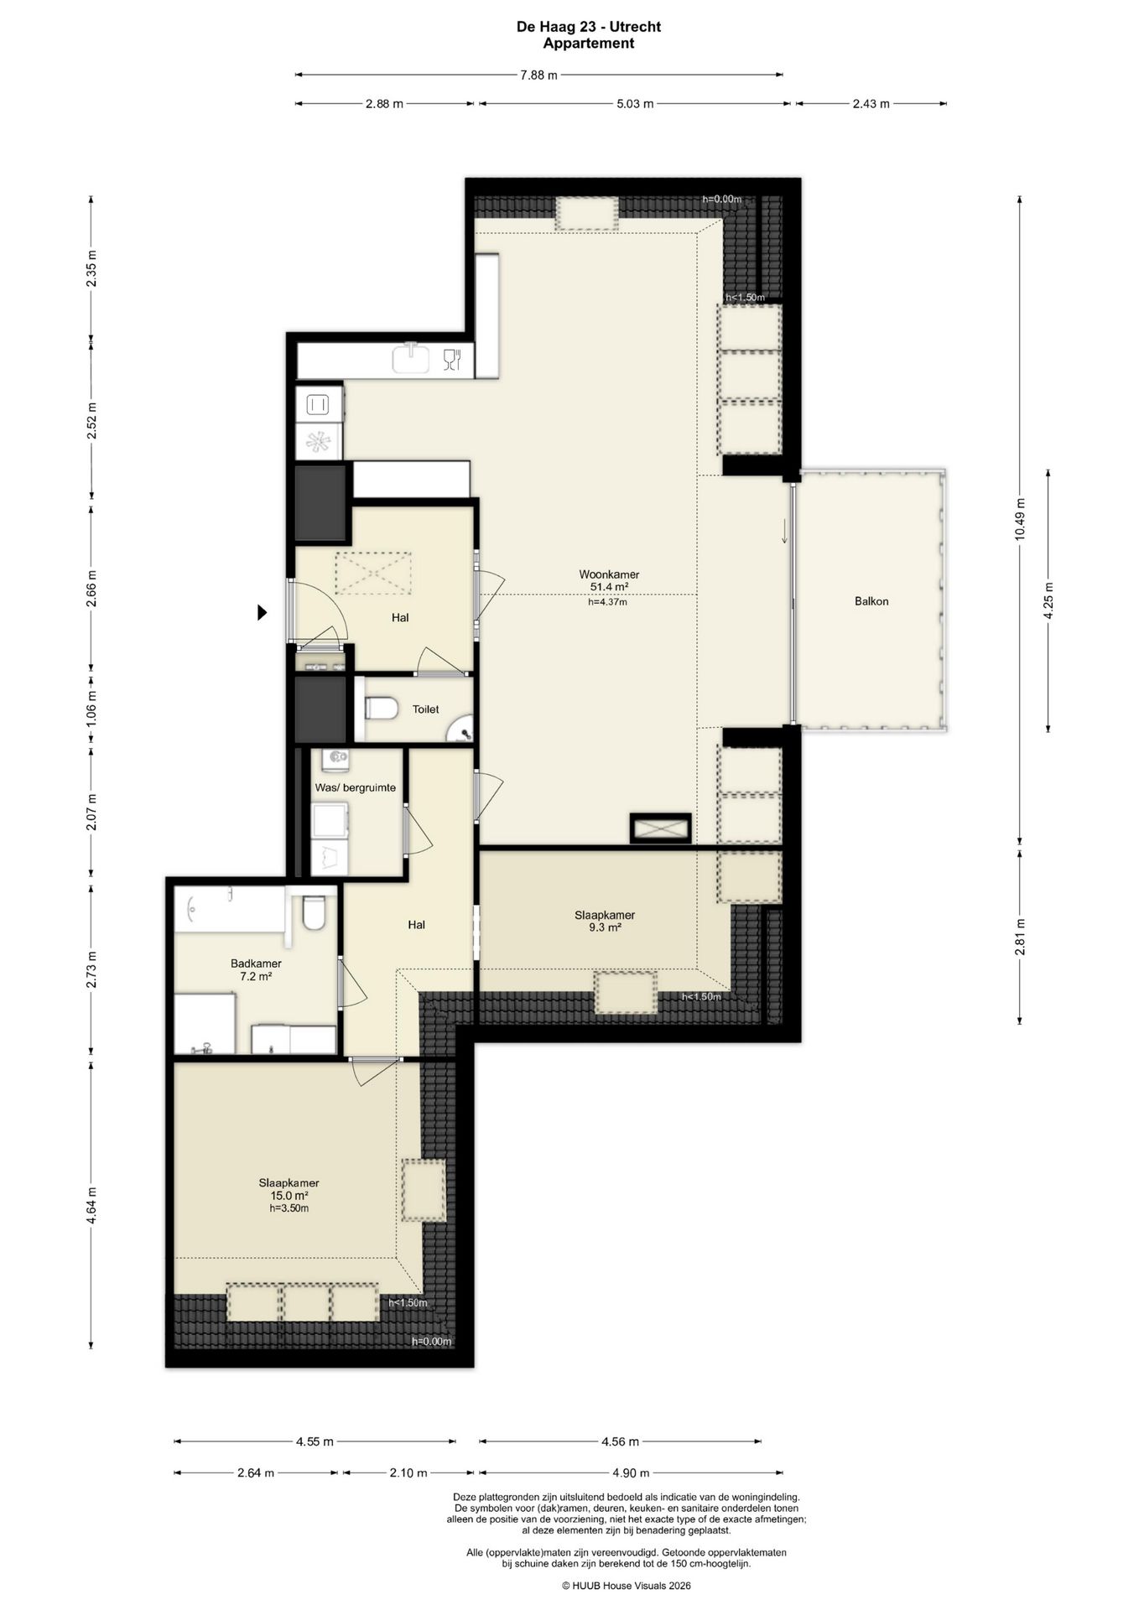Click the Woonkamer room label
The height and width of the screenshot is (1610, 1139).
[x=609, y=574]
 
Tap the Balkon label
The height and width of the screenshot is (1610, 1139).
[x=871, y=601]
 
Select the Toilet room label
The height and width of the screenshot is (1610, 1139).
[x=425, y=709]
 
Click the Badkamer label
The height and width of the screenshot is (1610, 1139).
[x=256, y=963]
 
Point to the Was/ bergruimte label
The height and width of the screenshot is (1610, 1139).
[x=355, y=788]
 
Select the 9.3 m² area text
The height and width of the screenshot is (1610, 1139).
[x=605, y=927]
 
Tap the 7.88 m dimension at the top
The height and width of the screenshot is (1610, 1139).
[x=538, y=75]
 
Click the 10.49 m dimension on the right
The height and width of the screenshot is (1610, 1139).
[x=1020, y=520]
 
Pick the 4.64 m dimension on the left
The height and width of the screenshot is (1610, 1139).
[x=91, y=1205]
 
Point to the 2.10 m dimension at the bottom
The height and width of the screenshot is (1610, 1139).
[x=408, y=1472]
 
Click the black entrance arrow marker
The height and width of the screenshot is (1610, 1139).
[x=262, y=613]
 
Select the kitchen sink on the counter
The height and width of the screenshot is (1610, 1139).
[x=412, y=358]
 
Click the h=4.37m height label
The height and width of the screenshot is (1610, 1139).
[x=607, y=601]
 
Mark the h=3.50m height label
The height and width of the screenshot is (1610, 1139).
[x=289, y=1208]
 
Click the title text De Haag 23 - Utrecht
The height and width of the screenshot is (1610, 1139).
[x=589, y=27]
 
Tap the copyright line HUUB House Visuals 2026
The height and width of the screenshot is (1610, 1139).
[x=627, y=1586]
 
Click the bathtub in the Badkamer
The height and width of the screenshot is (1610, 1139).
[x=230, y=909]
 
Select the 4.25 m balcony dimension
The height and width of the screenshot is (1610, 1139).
[x=1048, y=600]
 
